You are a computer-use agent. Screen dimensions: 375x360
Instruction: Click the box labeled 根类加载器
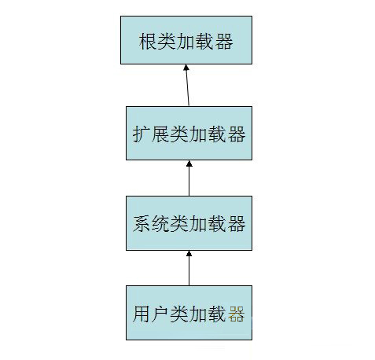(x=186, y=40)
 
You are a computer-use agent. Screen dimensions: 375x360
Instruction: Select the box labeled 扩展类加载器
(x=189, y=133)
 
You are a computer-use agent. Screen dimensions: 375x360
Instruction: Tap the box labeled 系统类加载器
(x=189, y=223)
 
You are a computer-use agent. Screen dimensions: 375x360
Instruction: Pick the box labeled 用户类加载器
(x=189, y=313)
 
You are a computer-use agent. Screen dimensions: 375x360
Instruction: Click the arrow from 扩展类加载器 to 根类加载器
(x=187, y=85)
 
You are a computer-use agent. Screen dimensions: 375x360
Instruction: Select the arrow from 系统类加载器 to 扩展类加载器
(x=189, y=178)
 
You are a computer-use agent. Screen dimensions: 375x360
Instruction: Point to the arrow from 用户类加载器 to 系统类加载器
(x=189, y=268)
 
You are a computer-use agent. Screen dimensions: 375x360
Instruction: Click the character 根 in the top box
(x=148, y=42)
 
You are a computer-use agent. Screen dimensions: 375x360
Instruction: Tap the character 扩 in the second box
(x=142, y=134)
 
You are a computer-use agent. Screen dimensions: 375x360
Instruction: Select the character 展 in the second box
(x=160, y=134)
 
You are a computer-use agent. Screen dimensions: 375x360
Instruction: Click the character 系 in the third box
(x=142, y=224)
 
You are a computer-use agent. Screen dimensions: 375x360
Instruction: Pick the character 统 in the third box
(x=160, y=224)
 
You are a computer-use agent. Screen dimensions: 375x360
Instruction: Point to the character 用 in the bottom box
(x=142, y=314)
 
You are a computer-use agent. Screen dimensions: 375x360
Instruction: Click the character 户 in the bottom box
(x=160, y=314)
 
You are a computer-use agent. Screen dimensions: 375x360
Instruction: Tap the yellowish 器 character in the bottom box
(x=236, y=314)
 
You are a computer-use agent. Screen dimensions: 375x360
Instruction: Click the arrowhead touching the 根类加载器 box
(x=186, y=67)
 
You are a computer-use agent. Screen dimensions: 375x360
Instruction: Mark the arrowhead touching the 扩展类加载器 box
(x=189, y=163)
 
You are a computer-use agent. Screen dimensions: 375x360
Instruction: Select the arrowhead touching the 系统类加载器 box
(x=189, y=253)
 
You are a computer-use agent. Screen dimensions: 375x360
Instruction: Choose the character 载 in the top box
(x=205, y=42)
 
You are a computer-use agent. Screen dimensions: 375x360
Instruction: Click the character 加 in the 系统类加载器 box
(x=198, y=224)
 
